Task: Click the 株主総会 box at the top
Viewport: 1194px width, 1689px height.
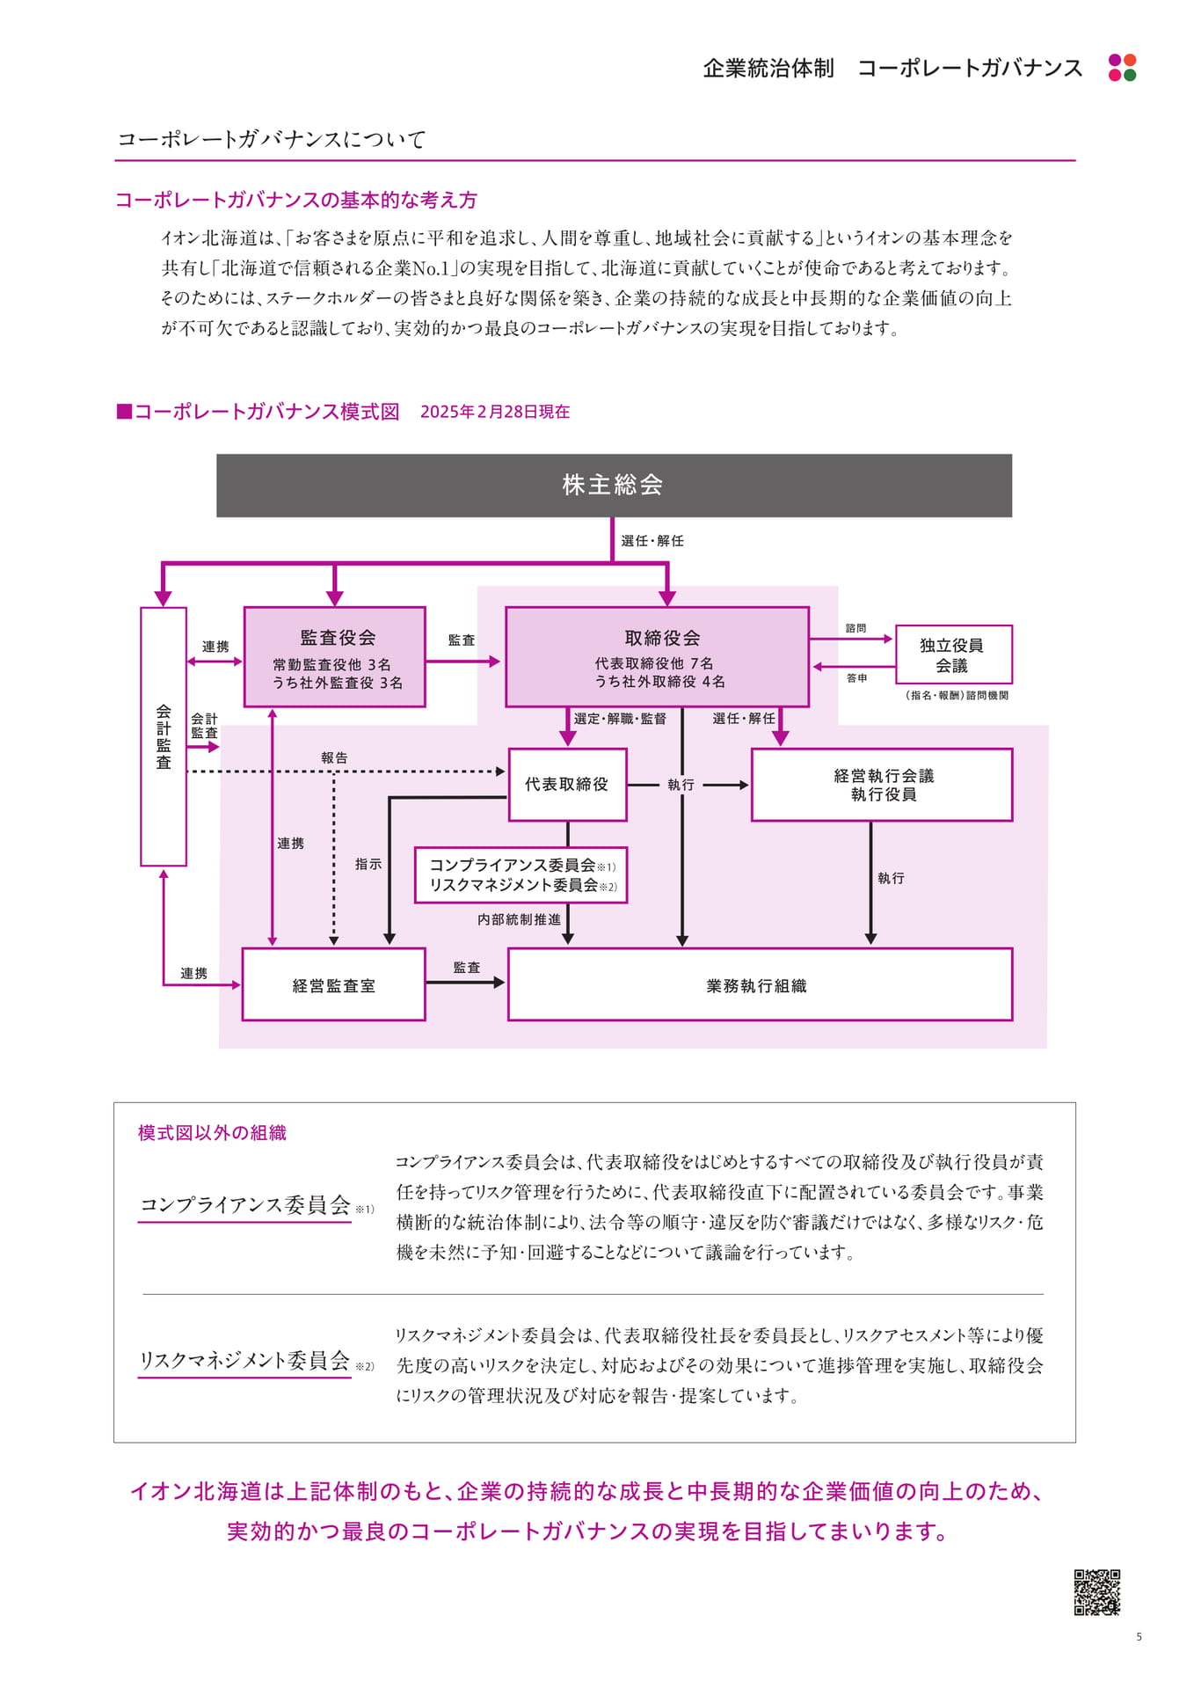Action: (x=614, y=485)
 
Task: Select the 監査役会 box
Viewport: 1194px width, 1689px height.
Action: (x=334, y=656)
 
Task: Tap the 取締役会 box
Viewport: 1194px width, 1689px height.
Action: (x=657, y=656)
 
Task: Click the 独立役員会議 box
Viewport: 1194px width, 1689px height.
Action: (x=953, y=654)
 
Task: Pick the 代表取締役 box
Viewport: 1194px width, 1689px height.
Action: (x=567, y=785)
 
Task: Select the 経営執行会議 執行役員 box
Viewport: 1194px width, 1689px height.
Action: (x=881, y=785)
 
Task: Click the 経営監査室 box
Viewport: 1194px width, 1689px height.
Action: (x=333, y=984)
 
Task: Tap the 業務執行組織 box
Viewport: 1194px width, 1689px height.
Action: (x=760, y=984)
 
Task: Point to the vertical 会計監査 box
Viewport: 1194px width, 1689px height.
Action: (x=164, y=736)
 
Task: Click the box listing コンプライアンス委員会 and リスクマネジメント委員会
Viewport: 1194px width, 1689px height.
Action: (x=521, y=875)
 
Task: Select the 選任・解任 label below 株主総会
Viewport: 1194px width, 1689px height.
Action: (x=652, y=541)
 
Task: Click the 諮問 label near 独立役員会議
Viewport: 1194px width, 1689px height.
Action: (x=855, y=628)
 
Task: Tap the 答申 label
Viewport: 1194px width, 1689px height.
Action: (x=856, y=678)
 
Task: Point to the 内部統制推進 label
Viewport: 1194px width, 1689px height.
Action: (x=519, y=919)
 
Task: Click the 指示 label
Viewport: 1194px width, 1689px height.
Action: (x=368, y=865)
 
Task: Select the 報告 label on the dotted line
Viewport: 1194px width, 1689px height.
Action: (x=334, y=757)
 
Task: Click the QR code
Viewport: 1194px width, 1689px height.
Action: (x=1097, y=1592)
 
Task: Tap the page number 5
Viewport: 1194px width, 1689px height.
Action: (x=1139, y=1637)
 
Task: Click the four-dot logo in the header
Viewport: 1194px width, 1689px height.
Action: (x=1122, y=68)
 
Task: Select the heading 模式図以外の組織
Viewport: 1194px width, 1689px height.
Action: (x=212, y=1133)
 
